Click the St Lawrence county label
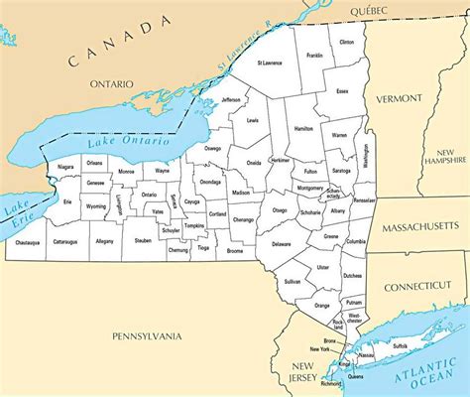coord(270,63)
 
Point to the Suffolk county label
coord(399,345)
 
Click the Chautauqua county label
coord(27,241)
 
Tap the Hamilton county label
coord(304,128)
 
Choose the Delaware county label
coord(281,243)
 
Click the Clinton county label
coord(345,43)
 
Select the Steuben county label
coord(143,240)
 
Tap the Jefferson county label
coord(231,99)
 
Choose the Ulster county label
coord(322,267)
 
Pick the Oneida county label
coord(254,162)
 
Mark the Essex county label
coord(343,90)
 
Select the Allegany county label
coord(104,241)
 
